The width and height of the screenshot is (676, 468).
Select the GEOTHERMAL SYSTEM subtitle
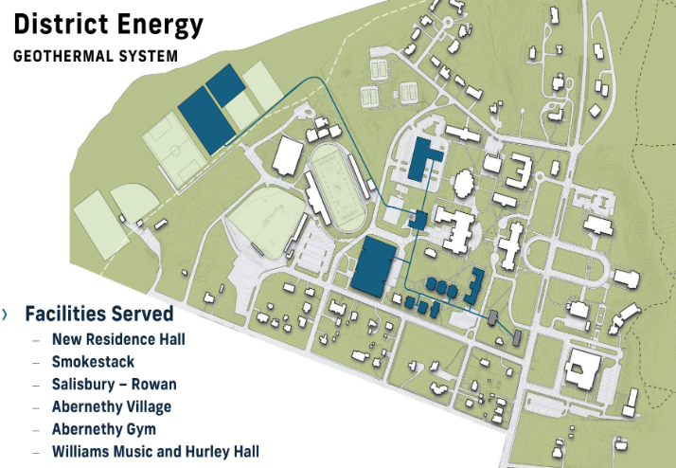coord(95,56)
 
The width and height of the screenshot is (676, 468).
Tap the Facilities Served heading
coord(98,314)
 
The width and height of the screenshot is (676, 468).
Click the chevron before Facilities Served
coord(6,314)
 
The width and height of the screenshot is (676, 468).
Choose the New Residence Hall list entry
coord(118,338)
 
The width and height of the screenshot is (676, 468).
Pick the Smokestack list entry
coord(93,361)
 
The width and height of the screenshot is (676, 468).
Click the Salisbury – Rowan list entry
coord(114,384)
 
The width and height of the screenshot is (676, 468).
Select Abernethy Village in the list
coord(112,406)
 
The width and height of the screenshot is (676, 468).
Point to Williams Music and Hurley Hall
coord(155,452)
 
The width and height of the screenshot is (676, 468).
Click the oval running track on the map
coord(336,187)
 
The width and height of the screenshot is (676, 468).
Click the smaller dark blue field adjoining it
coord(226,84)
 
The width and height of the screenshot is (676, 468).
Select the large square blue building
coord(375,264)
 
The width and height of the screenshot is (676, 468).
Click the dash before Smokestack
coord(37,362)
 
